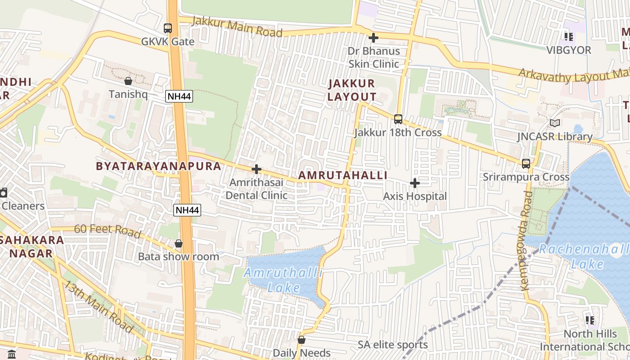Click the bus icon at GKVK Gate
click(168, 28)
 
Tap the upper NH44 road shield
click(179, 96)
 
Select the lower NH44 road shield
click(187, 210)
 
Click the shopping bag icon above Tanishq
click(128, 81)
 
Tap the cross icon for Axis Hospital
click(415, 183)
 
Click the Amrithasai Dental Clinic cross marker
click(256, 169)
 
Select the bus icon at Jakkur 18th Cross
click(398, 119)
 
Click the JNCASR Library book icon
click(555, 123)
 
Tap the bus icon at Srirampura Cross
click(526, 163)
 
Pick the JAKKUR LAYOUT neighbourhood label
click(351, 90)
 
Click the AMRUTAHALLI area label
click(342, 175)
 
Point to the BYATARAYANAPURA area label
click(158, 166)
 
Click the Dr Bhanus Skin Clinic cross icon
click(373, 38)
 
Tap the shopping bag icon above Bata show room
click(179, 243)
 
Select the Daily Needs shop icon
click(301, 340)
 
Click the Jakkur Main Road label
click(237, 27)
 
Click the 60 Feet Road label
click(108, 231)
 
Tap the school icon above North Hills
click(590, 320)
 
